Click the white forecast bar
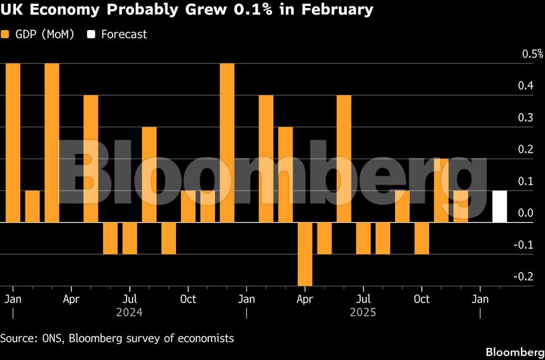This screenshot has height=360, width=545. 499,206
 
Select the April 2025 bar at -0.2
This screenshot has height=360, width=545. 305,254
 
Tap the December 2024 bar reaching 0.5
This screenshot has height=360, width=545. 227,143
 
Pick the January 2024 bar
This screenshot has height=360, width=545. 13,143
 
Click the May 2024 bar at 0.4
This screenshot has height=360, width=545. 90,159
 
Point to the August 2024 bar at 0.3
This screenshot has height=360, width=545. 149,174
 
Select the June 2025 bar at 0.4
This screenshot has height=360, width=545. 343,159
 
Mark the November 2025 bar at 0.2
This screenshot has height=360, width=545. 441,190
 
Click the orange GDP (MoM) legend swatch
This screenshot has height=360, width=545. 5,34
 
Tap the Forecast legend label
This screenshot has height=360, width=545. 124,34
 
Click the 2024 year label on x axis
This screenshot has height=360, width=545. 130,312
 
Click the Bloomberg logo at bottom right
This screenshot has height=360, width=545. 514,352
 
